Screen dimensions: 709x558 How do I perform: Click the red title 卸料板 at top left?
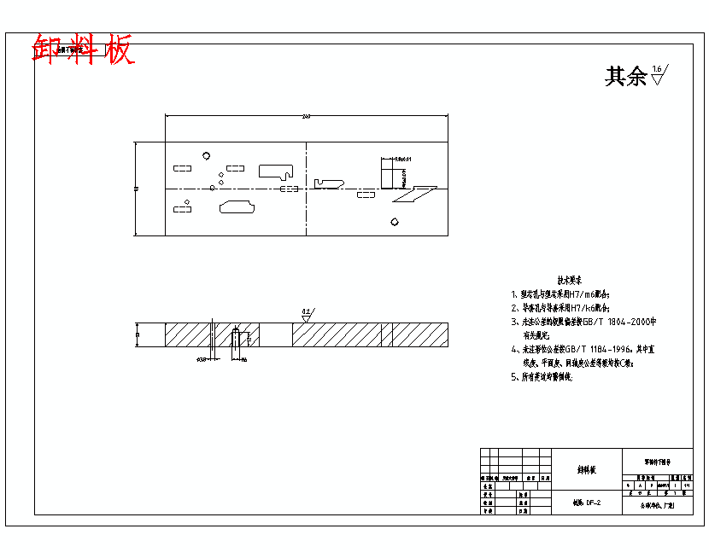coord(84,50)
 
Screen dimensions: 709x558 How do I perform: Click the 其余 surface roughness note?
coord(626,77)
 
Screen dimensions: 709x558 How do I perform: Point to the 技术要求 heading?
coord(570,280)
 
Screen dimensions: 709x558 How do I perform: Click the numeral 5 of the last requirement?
coord(514,376)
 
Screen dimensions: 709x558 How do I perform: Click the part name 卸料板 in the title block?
coord(587,470)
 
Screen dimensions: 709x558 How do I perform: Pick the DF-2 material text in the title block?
coord(593,503)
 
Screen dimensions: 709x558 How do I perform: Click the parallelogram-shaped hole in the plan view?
coord(415,195)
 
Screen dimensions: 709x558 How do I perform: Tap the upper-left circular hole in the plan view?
coord(206,155)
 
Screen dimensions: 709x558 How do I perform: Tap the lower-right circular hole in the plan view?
coord(394,222)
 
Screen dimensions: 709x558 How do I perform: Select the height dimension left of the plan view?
coord(136,188)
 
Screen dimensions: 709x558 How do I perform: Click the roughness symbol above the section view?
coord(306,315)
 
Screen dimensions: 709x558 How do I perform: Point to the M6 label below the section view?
coord(243,359)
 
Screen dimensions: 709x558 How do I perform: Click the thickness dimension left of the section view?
coord(138,334)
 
